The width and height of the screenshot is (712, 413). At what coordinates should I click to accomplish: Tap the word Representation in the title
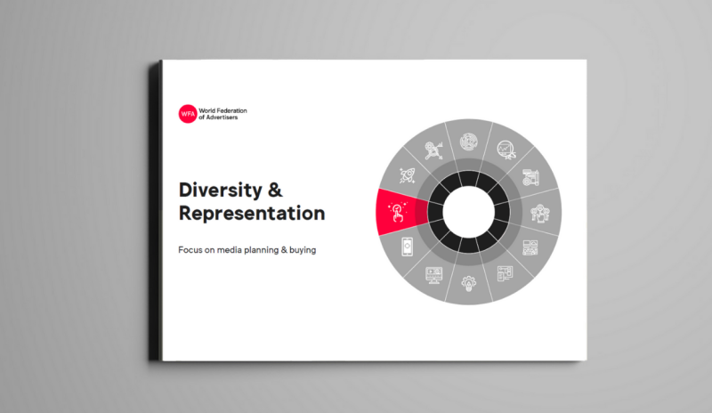point(252,214)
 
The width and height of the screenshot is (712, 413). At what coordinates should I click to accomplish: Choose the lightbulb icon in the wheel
point(469,284)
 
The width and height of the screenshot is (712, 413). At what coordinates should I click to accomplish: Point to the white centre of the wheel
point(469,212)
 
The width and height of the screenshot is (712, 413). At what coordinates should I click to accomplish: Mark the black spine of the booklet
point(156,212)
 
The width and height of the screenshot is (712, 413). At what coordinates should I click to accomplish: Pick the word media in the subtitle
point(235,250)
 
